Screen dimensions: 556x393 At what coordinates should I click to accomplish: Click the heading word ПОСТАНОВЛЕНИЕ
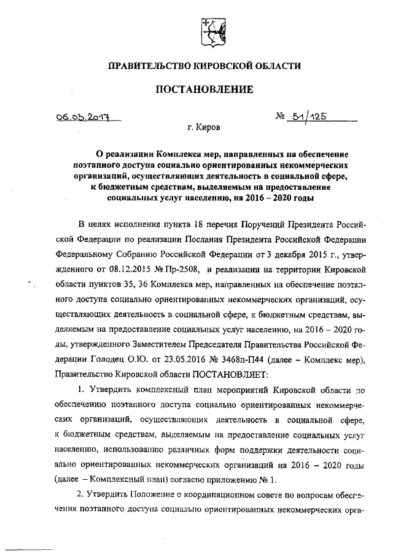pos(203,90)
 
